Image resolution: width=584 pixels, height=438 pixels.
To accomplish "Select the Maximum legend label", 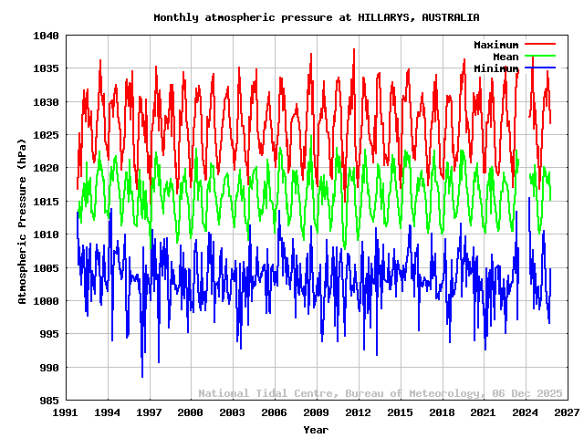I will pyautogui.click(x=495, y=45).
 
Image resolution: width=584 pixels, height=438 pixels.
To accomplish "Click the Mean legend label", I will pyautogui.click(x=506, y=57).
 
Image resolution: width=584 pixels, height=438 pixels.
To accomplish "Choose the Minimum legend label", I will pyautogui.click(x=495, y=68).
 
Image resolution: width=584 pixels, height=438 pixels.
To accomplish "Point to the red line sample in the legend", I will pyautogui.click(x=539, y=44).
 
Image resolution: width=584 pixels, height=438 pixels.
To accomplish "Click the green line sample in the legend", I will pyautogui.click(x=539, y=56).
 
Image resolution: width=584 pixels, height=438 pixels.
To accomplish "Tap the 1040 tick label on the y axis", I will pyautogui.click(x=46, y=36).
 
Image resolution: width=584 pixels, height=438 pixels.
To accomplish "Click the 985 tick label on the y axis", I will pyautogui.click(x=48, y=401).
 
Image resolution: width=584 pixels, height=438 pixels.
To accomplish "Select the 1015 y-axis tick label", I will pyautogui.click(x=46, y=202).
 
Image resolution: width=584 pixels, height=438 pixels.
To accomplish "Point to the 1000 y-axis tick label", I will pyautogui.click(x=46, y=301).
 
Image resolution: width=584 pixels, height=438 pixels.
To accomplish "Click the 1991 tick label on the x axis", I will pyautogui.click(x=65, y=412).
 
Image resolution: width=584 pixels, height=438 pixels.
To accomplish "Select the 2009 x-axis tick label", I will pyautogui.click(x=316, y=412).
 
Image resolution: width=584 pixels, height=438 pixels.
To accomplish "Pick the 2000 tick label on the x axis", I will pyautogui.click(x=191, y=412).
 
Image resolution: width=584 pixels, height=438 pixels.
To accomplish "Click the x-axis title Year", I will pyautogui.click(x=316, y=429).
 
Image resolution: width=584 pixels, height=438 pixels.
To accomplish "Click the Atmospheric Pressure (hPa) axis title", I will pyautogui.click(x=23, y=218).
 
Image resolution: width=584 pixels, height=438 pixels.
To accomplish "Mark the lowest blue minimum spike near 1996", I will pyautogui.click(x=141, y=376).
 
